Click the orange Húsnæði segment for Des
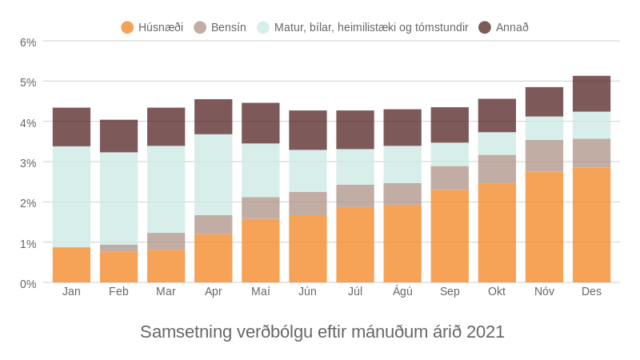coord(591,225)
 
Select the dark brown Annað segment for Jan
coord(71,127)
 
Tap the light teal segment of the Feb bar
coord(118,198)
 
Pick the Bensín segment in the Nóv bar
coord(544,156)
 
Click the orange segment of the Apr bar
coord(214,258)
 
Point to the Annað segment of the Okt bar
coord(497,116)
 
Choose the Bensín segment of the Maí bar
coord(261,208)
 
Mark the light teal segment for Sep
coord(450,154)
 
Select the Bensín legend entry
coord(220,27)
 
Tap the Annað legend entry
coord(504,27)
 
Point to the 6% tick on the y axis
coord(28,42)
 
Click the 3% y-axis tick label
coord(28,162)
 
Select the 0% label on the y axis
coord(28,283)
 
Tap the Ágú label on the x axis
coord(402,291)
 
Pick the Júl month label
coord(355,291)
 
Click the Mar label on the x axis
coord(166,291)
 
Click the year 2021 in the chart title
coord(486,332)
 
